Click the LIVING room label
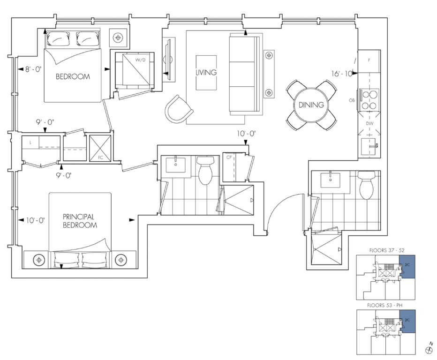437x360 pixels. point(206,73)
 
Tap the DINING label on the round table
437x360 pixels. point(311,105)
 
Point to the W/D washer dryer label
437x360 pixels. point(141,60)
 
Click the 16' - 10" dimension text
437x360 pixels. point(342,74)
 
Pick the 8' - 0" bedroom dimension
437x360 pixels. point(33,69)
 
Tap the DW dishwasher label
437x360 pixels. point(369,123)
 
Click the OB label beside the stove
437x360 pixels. point(352,100)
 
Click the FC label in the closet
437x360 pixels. point(101,157)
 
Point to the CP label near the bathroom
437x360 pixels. point(229,157)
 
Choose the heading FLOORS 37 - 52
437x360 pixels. point(387,250)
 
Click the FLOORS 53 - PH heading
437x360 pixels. point(384,305)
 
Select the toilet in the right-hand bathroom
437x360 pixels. point(367,185)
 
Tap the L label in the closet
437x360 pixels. point(30,142)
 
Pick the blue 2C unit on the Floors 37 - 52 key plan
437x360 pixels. point(407,267)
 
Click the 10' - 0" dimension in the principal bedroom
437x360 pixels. point(36,220)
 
